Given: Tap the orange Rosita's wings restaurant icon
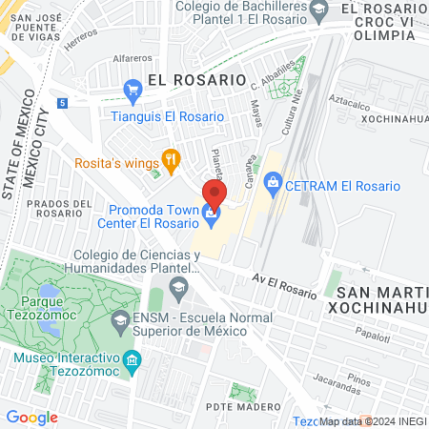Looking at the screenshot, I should (x=172, y=160).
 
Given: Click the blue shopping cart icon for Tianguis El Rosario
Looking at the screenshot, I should (x=133, y=92).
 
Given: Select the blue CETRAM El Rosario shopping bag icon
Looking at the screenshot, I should (x=273, y=180).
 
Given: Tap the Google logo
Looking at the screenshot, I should (x=31, y=418).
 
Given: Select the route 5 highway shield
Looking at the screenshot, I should (x=62, y=101).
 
